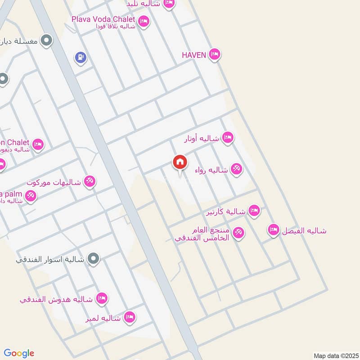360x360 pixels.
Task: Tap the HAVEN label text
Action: click(x=193, y=55)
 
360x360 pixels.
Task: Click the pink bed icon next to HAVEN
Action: click(x=215, y=55)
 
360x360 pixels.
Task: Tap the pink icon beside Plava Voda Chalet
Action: click(x=144, y=21)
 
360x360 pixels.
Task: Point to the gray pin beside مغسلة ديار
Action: click(x=45, y=41)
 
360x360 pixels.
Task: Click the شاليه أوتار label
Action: click(x=202, y=139)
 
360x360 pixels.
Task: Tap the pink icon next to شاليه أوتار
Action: click(x=228, y=138)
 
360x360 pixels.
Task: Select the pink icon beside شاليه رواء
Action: click(x=236, y=169)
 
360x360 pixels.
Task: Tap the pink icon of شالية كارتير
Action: click(x=254, y=211)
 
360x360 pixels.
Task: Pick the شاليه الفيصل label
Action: click(x=304, y=231)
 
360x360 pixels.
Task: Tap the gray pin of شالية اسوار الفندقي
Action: click(x=94, y=258)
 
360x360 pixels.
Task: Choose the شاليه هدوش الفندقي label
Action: click(x=56, y=299)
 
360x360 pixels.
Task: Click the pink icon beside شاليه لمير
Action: click(x=130, y=318)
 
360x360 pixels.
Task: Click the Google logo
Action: click(x=19, y=353)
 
